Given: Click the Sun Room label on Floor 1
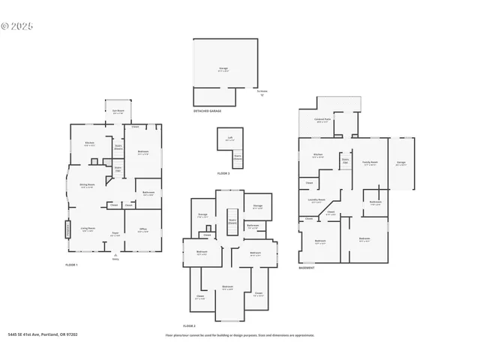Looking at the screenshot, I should click(x=118, y=111).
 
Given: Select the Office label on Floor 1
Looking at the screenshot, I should click(x=142, y=230).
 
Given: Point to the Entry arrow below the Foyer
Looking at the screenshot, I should click(x=115, y=255).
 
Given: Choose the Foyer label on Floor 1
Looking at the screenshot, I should click(x=115, y=233).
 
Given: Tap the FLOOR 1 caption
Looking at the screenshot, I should click(x=71, y=265).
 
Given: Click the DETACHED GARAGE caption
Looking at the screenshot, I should click(x=207, y=110).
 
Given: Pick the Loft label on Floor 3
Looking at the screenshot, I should click(x=229, y=139).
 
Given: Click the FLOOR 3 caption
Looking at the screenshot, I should click(x=223, y=173).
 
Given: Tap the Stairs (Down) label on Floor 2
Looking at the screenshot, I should click(x=232, y=222).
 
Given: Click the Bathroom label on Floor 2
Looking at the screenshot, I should click(x=253, y=226).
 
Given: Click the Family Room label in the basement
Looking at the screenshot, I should click(x=370, y=163).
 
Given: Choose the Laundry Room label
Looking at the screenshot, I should click(x=316, y=200).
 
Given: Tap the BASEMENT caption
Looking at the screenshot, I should click(x=306, y=268).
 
